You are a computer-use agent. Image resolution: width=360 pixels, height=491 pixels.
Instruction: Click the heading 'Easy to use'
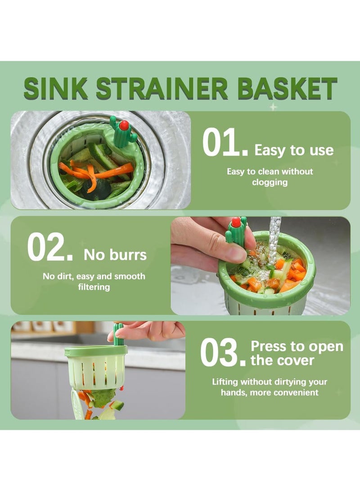pos(294,150)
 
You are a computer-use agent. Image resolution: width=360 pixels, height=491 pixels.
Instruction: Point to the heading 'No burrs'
pos(115,255)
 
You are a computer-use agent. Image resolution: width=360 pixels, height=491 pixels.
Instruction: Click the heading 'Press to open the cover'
pos(297,353)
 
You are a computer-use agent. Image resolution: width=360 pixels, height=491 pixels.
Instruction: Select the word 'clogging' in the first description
pos(270,182)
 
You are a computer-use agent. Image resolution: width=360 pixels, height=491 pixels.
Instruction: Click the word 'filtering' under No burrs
pos(94,287)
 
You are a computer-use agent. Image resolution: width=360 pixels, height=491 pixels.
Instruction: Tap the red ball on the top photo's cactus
pos(124,125)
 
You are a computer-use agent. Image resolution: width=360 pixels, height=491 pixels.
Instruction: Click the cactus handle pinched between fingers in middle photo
pos(237,232)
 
